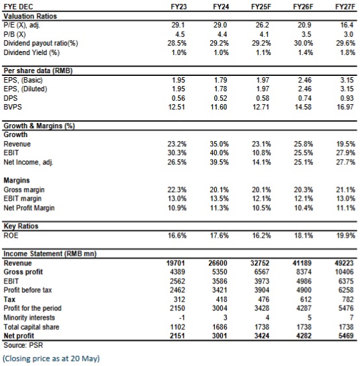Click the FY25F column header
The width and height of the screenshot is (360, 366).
pyautogui.click(x=261, y=7)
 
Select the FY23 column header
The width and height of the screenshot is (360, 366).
pyautogui.click(x=179, y=7)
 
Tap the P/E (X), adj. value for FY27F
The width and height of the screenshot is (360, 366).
pyautogui.click(x=347, y=25)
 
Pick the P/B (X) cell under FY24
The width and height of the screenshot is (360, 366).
pyautogui.click(x=222, y=34)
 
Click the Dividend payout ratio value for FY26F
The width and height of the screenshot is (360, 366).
pyautogui.click(x=304, y=43)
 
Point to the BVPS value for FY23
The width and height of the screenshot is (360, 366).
pyautogui.click(x=177, y=107)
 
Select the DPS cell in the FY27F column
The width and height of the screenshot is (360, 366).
pyautogui.click(x=347, y=98)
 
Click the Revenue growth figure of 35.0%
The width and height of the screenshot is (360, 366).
pyautogui.click(x=219, y=144)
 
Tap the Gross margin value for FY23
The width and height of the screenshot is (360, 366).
pyautogui.click(x=177, y=189)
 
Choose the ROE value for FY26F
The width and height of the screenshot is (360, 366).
pyautogui.click(x=304, y=235)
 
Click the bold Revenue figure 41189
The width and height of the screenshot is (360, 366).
pyautogui.click(x=302, y=263)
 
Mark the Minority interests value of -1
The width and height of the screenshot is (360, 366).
pyautogui.click(x=181, y=318)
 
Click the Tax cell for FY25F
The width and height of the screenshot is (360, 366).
pyautogui.click(x=263, y=300)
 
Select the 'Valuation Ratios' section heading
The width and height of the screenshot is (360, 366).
pyautogui.click(x=30, y=16)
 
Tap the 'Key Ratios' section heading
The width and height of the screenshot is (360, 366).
pyautogui.click(x=21, y=226)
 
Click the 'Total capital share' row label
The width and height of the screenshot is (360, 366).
pyautogui.click(x=32, y=327)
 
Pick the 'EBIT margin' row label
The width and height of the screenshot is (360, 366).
pyautogui.click(x=22, y=198)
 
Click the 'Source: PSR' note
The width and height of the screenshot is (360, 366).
pyautogui.click(x=24, y=345)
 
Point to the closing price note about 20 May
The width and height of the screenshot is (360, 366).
pyautogui.click(x=51, y=359)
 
